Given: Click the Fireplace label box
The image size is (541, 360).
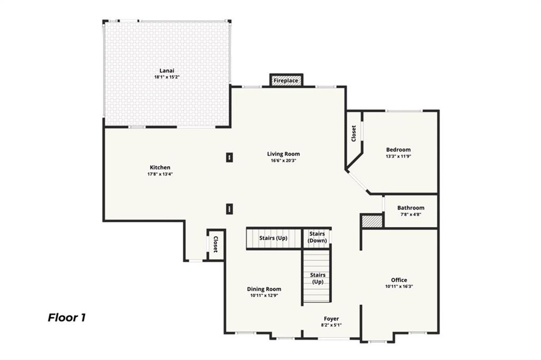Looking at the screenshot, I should click(286, 81).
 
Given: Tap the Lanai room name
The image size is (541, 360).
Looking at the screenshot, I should click(167, 70).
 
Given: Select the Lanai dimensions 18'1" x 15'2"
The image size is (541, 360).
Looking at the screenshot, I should click(167, 77).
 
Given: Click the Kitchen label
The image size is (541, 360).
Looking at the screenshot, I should click(160, 167).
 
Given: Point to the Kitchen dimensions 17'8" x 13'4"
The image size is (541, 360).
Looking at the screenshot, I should click(160, 174).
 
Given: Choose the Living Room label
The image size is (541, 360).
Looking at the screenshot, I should click(283, 154).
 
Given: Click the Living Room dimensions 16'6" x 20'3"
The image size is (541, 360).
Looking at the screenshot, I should click(283, 161).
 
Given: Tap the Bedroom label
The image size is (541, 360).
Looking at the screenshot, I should click(398, 149).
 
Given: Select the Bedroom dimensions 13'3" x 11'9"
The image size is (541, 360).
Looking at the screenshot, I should click(398, 156).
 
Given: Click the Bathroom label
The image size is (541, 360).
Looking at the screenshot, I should click(411, 208).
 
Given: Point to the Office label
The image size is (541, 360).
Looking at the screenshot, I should click(399, 280).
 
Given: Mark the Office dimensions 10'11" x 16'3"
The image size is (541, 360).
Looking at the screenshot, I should click(399, 287).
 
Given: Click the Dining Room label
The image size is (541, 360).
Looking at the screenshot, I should click(264, 289).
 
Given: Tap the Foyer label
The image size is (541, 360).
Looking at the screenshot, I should click(331, 318).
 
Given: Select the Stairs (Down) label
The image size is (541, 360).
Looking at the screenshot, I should click(317, 237).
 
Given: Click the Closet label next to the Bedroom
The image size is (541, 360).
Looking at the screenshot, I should click(353, 133).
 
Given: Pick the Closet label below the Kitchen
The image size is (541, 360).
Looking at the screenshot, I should click(216, 244).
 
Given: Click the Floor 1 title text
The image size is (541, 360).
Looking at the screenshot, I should click(67, 317).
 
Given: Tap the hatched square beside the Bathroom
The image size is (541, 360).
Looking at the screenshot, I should click(372, 221).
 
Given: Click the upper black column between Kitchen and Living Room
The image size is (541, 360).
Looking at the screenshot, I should click(229, 157).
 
